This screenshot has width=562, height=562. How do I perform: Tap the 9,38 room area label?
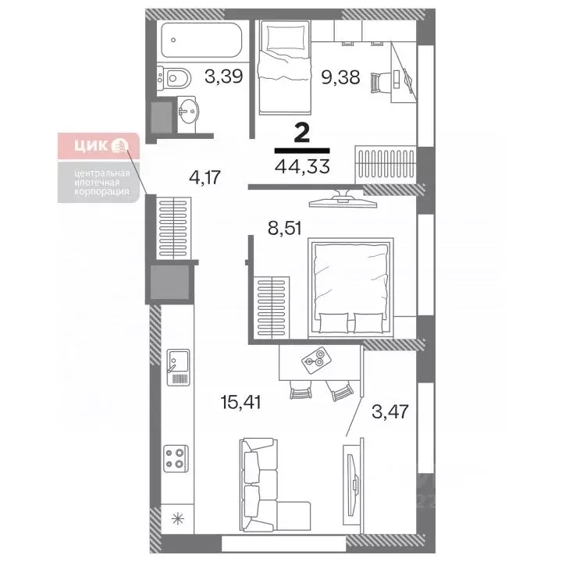click(340, 76)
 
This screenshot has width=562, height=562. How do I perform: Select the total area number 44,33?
click(302, 165)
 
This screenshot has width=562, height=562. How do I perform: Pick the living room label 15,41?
click(240, 403)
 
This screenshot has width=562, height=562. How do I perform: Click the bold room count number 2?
click(302, 130)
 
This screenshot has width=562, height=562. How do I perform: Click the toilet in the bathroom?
click(176, 76)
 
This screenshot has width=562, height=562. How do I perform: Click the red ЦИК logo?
click(98, 146)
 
